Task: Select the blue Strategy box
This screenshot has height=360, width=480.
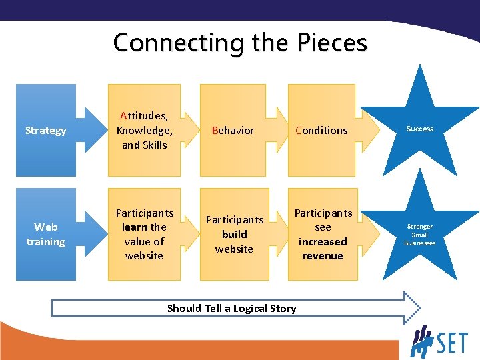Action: (45, 131)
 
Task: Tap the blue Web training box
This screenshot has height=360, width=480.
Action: (45, 234)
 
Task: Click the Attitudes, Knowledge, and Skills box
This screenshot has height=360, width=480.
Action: (145, 131)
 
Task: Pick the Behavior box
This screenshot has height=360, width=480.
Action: (233, 131)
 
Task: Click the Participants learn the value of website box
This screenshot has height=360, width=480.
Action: (145, 234)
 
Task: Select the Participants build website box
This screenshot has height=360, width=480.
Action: (234, 234)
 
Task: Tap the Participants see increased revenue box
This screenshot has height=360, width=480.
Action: (323, 234)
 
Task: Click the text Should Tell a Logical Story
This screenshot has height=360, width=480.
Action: (231, 308)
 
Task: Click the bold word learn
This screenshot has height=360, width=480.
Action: (135, 227)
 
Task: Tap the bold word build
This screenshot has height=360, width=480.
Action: (234, 234)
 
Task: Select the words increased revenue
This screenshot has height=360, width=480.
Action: (323, 249)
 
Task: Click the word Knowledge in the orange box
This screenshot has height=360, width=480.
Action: (144, 130)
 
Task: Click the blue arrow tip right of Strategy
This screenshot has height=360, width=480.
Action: (94, 131)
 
